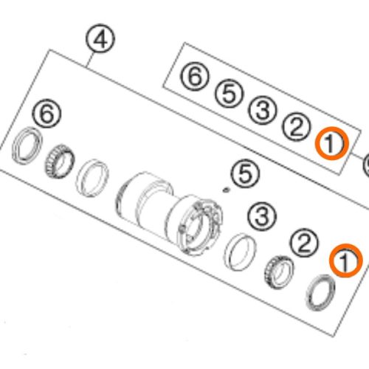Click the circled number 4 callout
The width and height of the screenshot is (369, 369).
coord(100,38)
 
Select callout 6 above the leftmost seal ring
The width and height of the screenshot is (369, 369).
coord(47,114)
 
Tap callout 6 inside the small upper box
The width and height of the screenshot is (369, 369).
coord(195,77)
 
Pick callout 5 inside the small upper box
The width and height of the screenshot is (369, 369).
coord(229,94)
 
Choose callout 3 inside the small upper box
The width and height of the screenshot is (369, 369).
coord(263,110)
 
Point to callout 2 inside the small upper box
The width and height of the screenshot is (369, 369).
coord(297,127)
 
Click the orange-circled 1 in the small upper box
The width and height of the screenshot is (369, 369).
coord(332,143)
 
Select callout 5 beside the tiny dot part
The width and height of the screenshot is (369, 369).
coord(245,174)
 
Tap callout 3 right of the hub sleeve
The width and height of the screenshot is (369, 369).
coord(262,216)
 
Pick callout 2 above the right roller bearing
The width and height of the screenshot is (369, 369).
coord(304,244)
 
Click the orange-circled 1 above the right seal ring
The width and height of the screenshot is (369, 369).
coord(346,261)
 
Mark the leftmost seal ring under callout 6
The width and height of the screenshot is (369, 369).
coord(27,145)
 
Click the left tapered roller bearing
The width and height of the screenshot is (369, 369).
coord(59,161)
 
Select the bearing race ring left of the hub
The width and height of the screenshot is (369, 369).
coord(92,178)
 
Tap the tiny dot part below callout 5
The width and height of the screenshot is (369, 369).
coord(225,190)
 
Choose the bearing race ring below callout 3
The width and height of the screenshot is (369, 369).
coord(241,252)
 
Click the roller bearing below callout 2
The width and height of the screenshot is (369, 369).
coord(279,272)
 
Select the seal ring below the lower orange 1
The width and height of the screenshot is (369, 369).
coord(320,292)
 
